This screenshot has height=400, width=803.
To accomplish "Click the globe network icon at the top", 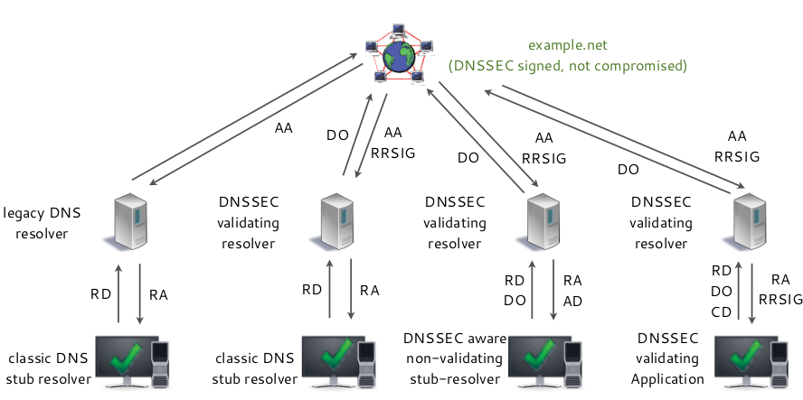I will point(399,55).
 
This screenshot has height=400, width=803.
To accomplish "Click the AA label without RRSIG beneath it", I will point(283,128).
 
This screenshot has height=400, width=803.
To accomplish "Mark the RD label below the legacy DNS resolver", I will point(100,293).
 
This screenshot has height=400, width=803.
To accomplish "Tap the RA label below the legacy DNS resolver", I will point(158,293).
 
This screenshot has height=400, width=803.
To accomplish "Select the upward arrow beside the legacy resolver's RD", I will point(119,293).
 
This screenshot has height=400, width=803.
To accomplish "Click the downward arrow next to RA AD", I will point(553,290).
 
